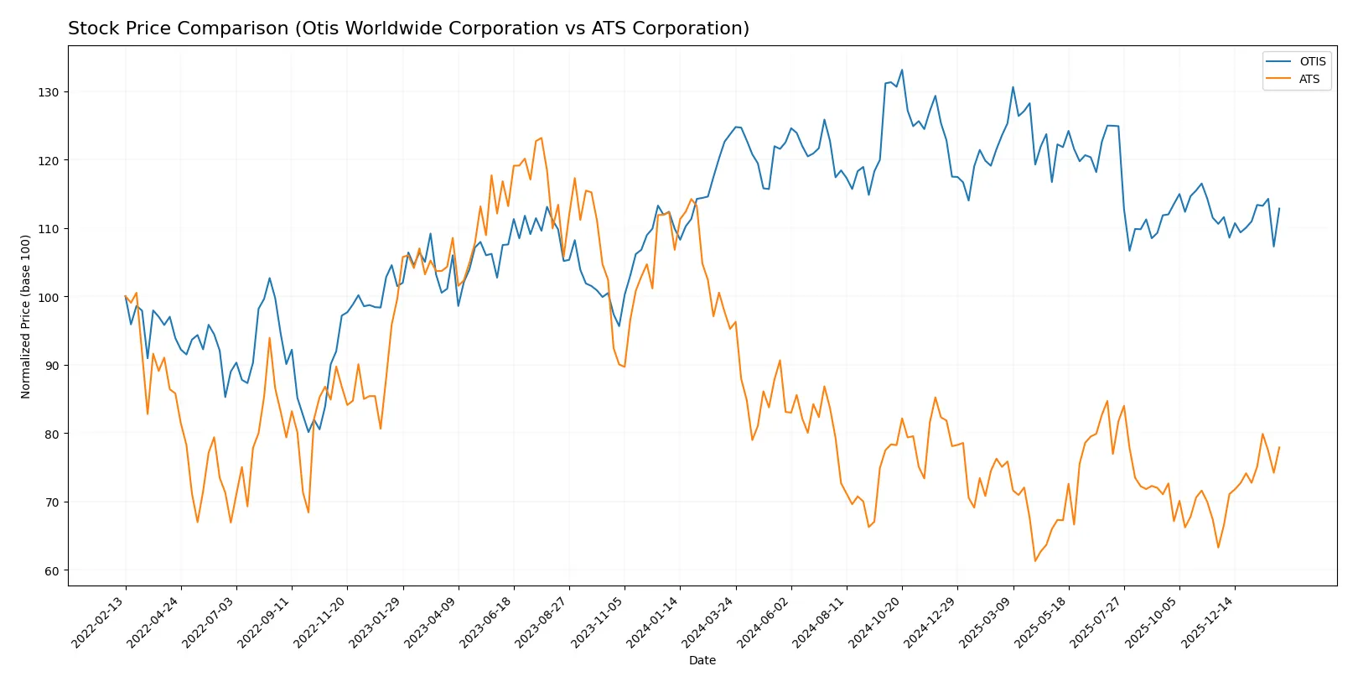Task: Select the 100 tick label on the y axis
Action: tap(49, 298)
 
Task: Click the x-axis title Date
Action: tap(702, 661)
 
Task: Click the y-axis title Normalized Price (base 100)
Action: tap(26, 316)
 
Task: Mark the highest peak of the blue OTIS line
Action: tap(902, 70)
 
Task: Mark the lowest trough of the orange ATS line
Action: tap(1035, 561)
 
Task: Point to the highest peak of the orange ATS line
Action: tap(542, 138)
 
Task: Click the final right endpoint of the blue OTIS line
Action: tap(1279, 208)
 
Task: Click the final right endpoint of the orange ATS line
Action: tap(1279, 447)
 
